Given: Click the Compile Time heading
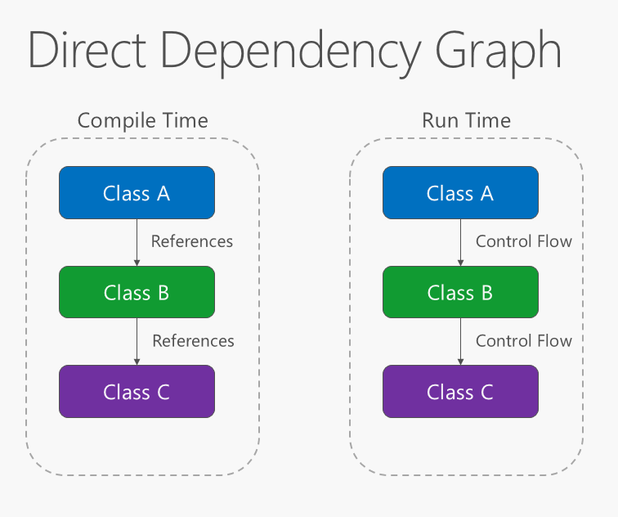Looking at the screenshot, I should tap(142, 121).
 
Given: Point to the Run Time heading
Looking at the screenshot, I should tap(466, 121).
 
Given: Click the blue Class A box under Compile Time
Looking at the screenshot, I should tap(137, 193).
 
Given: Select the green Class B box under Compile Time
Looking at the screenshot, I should tap(137, 292).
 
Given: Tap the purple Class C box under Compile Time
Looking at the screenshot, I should tap(137, 391).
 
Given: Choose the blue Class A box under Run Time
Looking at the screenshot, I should tap(460, 193).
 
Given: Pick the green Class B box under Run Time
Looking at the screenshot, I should tap(460, 292).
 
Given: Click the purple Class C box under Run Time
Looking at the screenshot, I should tap(460, 391).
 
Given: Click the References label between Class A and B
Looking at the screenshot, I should tap(192, 241).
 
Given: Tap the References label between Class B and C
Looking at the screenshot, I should tap(193, 340).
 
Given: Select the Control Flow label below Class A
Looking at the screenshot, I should tap(524, 241).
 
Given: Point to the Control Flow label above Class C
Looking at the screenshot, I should tap(524, 340).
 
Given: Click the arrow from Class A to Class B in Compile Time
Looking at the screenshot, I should tap(137, 242).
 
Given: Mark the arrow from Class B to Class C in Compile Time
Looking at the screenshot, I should tap(137, 341).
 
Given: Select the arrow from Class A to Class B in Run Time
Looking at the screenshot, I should tap(460, 242).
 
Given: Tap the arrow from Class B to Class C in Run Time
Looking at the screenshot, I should tap(460, 341).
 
